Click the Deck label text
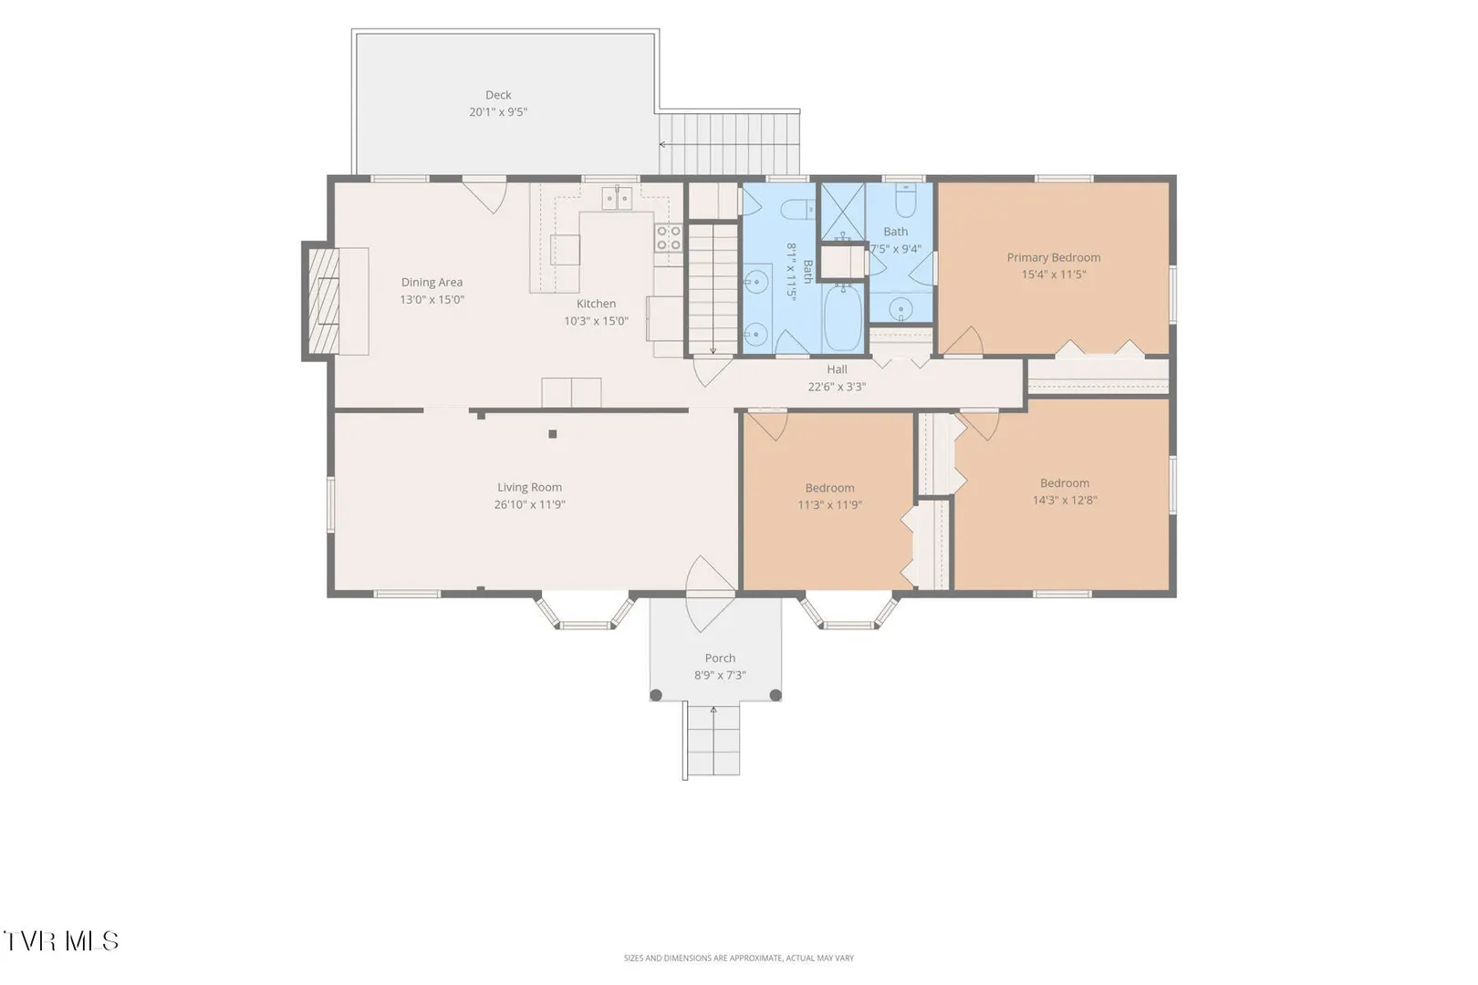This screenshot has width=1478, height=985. (498, 95)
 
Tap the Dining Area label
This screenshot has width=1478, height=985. (432, 283)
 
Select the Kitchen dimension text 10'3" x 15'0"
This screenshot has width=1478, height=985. (596, 321)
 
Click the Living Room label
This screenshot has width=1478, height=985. (530, 488)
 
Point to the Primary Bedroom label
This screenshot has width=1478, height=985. (1054, 257)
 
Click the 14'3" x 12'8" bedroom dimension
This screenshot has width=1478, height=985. (1065, 500)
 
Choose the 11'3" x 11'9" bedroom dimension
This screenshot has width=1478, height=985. (830, 505)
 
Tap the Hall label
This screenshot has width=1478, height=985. (837, 369)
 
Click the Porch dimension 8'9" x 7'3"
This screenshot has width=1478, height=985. (720, 676)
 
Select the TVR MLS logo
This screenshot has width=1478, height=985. (61, 941)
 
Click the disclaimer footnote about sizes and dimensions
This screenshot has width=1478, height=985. (738, 958)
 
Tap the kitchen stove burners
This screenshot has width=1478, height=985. (668, 238)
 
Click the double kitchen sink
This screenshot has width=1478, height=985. (617, 198)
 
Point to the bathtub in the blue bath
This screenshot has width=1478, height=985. (843, 317)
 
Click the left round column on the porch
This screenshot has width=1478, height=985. (656, 695)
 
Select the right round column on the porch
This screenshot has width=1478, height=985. (775, 695)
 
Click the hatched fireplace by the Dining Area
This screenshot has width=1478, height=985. (323, 302)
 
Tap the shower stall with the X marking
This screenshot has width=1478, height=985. (843, 212)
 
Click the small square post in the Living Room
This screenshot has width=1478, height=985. (553, 434)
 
